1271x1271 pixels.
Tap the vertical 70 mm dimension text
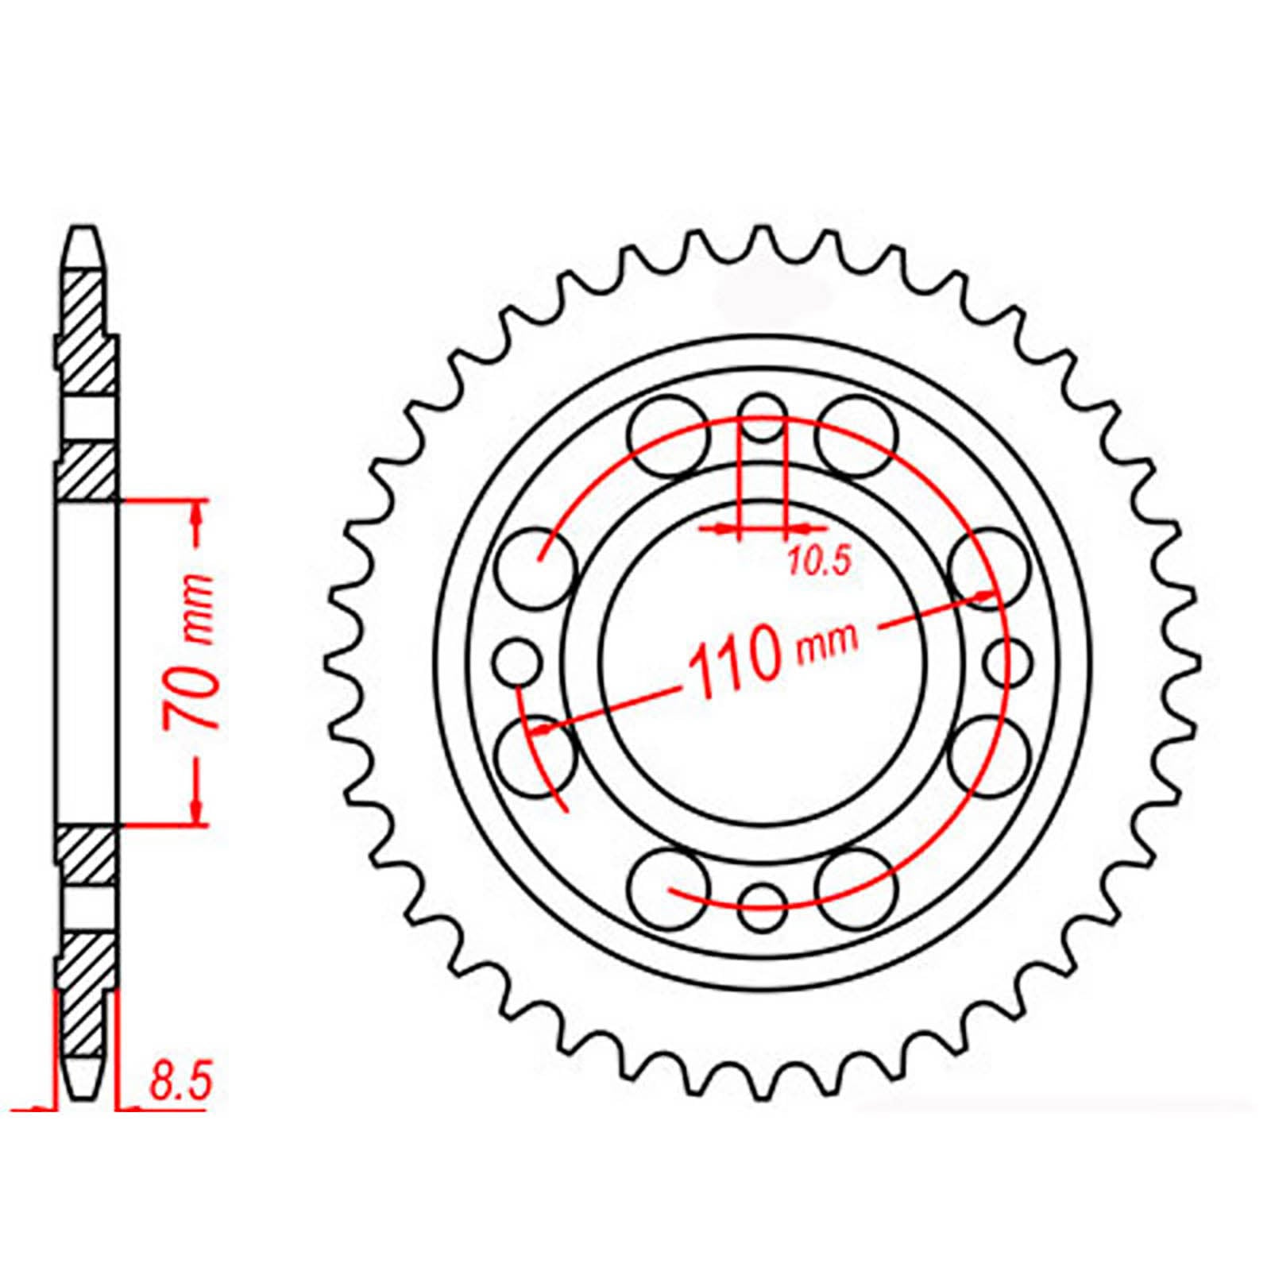click(191, 663)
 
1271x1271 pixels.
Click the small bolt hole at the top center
click(762, 418)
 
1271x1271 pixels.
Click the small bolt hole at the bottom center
click(762, 906)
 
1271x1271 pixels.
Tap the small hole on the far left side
click(517, 661)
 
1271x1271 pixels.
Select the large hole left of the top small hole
click(667, 435)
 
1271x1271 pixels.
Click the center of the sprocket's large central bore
click(763, 662)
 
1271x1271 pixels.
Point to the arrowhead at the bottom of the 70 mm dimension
click(196, 815)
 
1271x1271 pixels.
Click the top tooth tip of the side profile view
click(83, 234)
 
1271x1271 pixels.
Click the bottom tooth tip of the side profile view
click(83, 1093)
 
